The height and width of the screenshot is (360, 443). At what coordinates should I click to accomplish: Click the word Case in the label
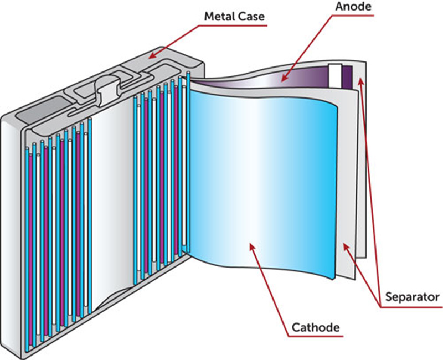[x=250, y=17]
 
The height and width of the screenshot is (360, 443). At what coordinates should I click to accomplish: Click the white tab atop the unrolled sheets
[x=334, y=72]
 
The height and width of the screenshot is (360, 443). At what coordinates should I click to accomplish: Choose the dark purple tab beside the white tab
[x=347, y=75]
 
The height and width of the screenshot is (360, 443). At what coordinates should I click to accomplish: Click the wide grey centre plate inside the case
[x=111, y=205]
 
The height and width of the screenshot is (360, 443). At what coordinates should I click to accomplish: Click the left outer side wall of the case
[x=11, y=233]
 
